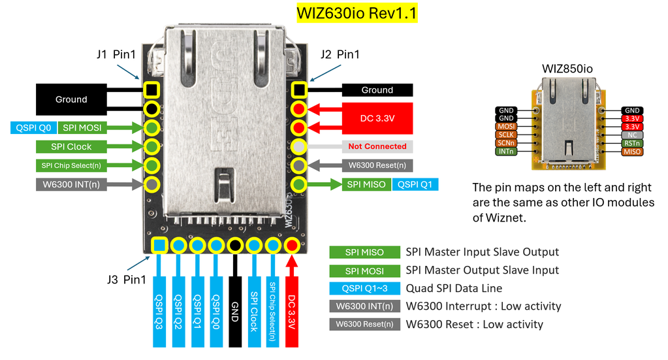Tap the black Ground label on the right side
(x=377, y=90)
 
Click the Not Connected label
(x=377, y=146)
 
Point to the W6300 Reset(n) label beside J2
(x=377, y=165)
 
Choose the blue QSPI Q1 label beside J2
(x=415, y=184)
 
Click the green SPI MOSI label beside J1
(x=82, y=127)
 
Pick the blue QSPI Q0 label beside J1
(x=33, y=127)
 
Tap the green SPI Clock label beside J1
(x=71, y=146)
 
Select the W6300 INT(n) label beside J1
(x=71, y=184)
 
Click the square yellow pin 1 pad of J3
(x=159, y=246)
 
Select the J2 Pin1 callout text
(x=340, y=54)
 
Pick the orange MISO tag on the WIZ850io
(x=631, y=152)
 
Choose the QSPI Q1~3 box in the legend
(x=364, y=288)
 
